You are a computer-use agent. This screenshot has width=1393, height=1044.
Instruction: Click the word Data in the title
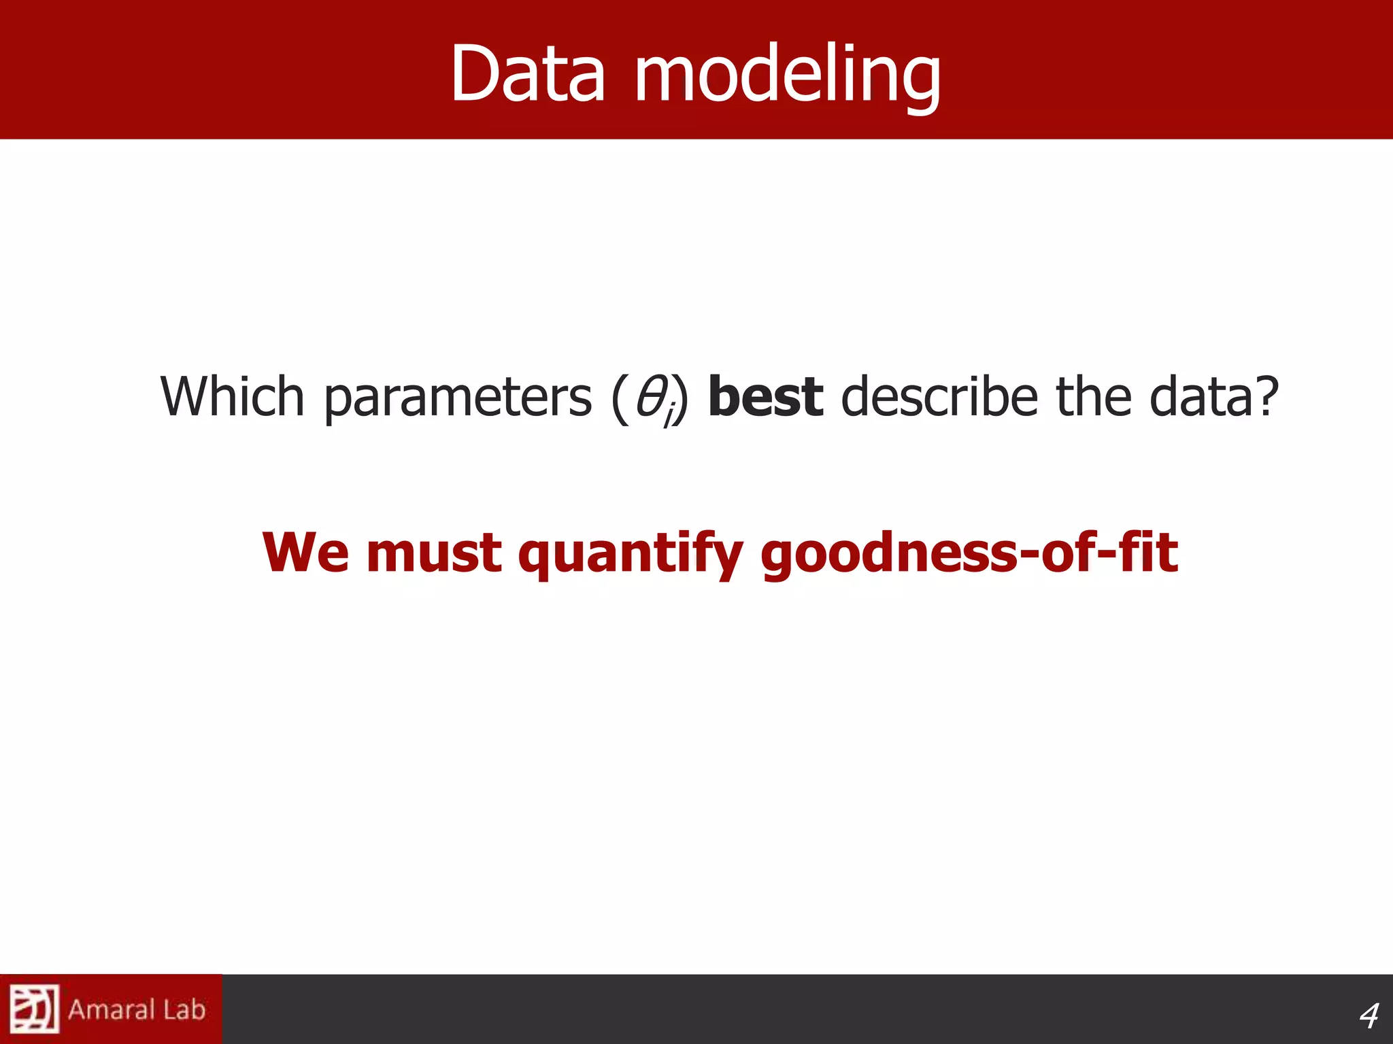(527, 73)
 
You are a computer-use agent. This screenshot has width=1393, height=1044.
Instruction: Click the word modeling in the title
(788, 73)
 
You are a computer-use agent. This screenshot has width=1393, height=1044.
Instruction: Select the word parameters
(457, 398)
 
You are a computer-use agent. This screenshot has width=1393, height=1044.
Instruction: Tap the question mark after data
(1267, 396)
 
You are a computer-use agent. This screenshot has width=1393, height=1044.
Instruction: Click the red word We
(305, 552)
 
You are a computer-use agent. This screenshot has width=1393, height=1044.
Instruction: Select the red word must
(433, 552)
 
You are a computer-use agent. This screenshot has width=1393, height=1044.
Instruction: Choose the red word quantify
(630, 554)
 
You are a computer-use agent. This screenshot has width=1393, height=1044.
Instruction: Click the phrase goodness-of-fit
(969, 554)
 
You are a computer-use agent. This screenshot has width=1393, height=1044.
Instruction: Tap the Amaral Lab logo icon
(34, 1009)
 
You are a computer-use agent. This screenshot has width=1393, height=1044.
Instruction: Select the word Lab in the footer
(184, 1009)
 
